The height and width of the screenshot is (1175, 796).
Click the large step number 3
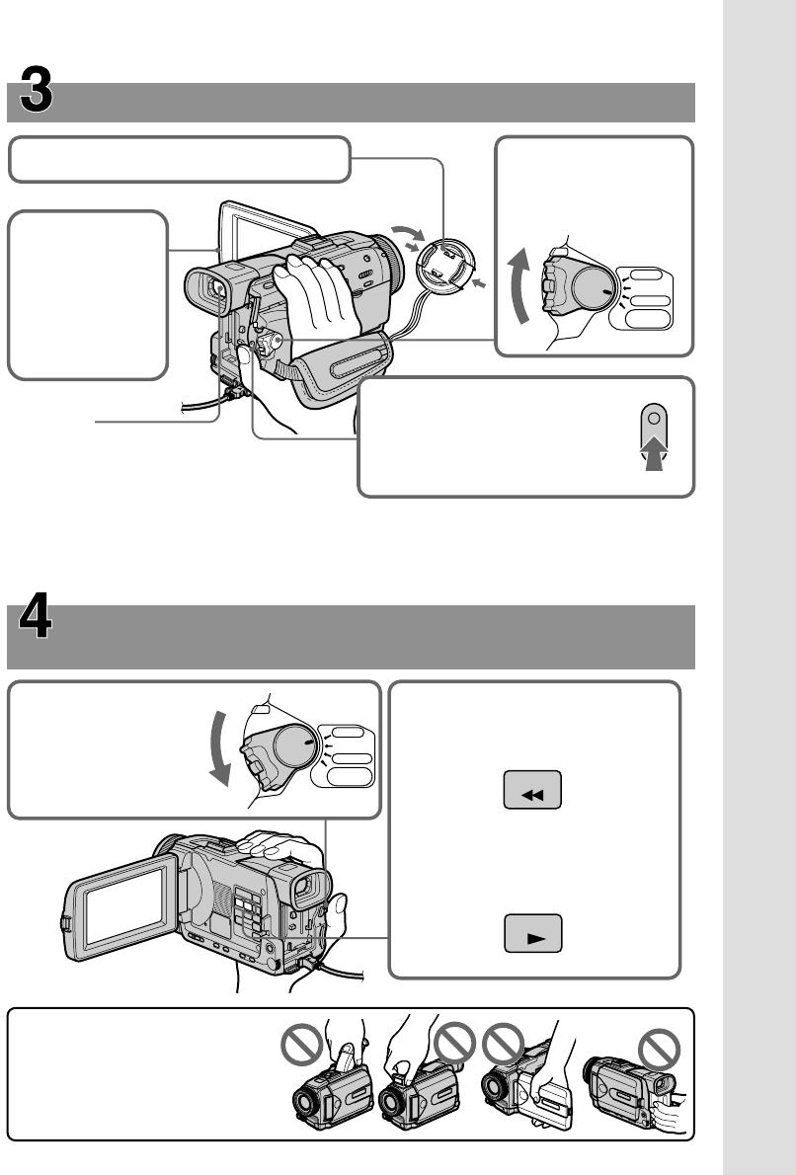[x=36, y=89]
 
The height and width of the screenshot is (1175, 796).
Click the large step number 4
[x=36, y=615]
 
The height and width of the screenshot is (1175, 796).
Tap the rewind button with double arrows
[x=532, y=790]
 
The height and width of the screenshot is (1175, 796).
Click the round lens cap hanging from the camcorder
[x=445, y=267]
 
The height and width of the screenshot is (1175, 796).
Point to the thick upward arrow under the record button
[x=655, y=453]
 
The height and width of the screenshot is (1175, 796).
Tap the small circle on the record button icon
[x=655, y=418]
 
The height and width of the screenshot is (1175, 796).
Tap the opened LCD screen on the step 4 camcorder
[x=122, y=908]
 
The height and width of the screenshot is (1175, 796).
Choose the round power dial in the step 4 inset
[x=296, y=745]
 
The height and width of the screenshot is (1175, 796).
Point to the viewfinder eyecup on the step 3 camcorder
[x=206, y=289]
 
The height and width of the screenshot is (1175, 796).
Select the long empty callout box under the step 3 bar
[x=180, y=160]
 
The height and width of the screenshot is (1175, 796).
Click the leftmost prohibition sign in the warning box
[x=302, y=1045]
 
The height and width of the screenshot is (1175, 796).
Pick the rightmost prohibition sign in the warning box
[x=660, y=1049]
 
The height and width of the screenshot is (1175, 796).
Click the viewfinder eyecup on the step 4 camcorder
[x=309, y=889]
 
